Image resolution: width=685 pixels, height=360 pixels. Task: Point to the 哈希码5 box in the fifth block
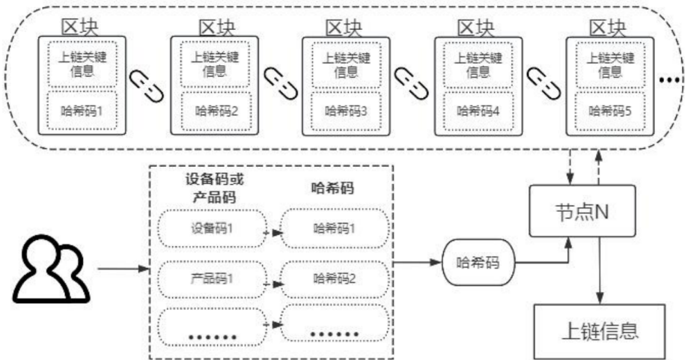[609, 110]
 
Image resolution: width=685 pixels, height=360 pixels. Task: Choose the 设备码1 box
[212, 227]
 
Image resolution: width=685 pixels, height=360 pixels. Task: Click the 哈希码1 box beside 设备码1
[335, 227]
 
